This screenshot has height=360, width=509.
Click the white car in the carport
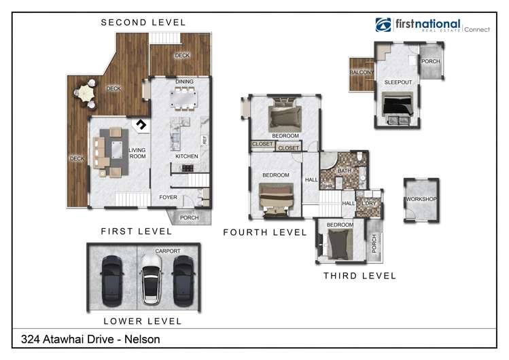pyautogui.click(x=150, y=280)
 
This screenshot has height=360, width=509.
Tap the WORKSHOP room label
pyautogui.click(x=421, y=199)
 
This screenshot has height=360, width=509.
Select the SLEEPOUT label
pyautogui.click(x=397, y=82)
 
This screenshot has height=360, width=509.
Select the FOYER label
pyautogui.click(x=168, y=198)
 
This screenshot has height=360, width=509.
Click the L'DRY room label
pyautogui.click(x=370, y=204)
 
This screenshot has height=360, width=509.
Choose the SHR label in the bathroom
pyautogui.click(x=327, y=186)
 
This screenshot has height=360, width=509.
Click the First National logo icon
pyautogui.click(x=383, y=25)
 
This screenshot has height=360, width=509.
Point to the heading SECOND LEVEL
pyautogui.click(x=143, y=22)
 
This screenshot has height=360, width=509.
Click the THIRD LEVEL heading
pyautogui.click(x=359, y=276)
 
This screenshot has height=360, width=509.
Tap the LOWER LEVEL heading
pyautogui.click(x=143, y=321)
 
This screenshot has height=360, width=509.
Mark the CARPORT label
pyautogui.click(x=167, y=251)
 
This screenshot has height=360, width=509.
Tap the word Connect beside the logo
pyautogui.click(x=476, y=29)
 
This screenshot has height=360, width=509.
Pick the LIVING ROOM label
pyautogui.click(x=138, y=153)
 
